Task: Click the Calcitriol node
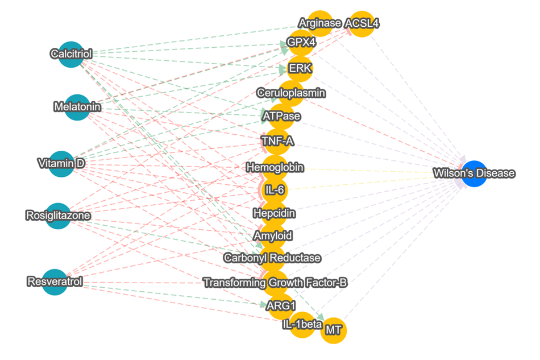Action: (71, 54)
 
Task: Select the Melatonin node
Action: (77, 107)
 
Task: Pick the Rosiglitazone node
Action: (58, 216)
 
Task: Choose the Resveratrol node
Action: (55, 282)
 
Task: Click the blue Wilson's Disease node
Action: (474, 173)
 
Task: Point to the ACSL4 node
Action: (362, 24)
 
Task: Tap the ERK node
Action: (300, 68)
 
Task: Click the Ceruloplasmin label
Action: (290, 92)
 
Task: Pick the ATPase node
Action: (281, 116)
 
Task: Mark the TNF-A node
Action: (277, 140)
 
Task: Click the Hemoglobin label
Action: (275, 168)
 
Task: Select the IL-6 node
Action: (274, 189)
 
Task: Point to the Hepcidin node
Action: (273, 213)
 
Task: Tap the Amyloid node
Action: (273, 235)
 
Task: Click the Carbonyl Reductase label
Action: (272, 258)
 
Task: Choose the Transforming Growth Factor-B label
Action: (275, 283)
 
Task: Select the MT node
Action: (334, 330)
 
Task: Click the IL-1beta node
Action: (302, 325)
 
